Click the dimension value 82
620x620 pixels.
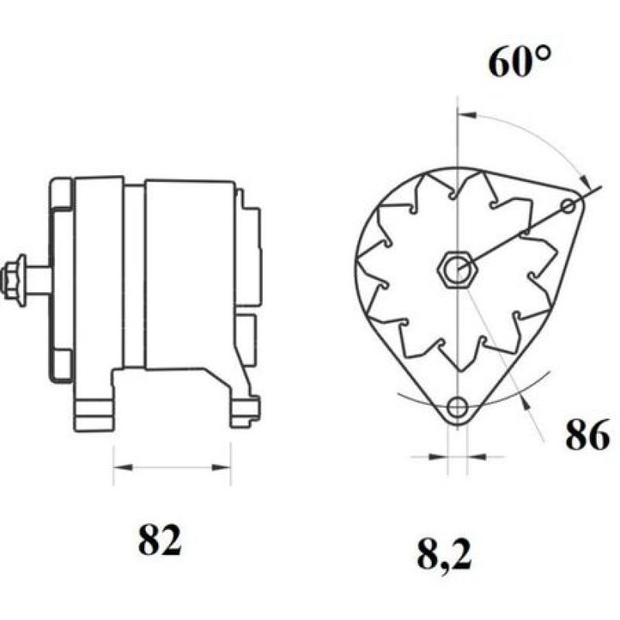[x=160, y=540]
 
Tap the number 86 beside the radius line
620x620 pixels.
[x=586, y=436]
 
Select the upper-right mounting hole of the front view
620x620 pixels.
[x=569, y=205]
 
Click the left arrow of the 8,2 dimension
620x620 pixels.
[x=442, y=457]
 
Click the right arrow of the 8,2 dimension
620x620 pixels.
[x=474, y=457]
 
